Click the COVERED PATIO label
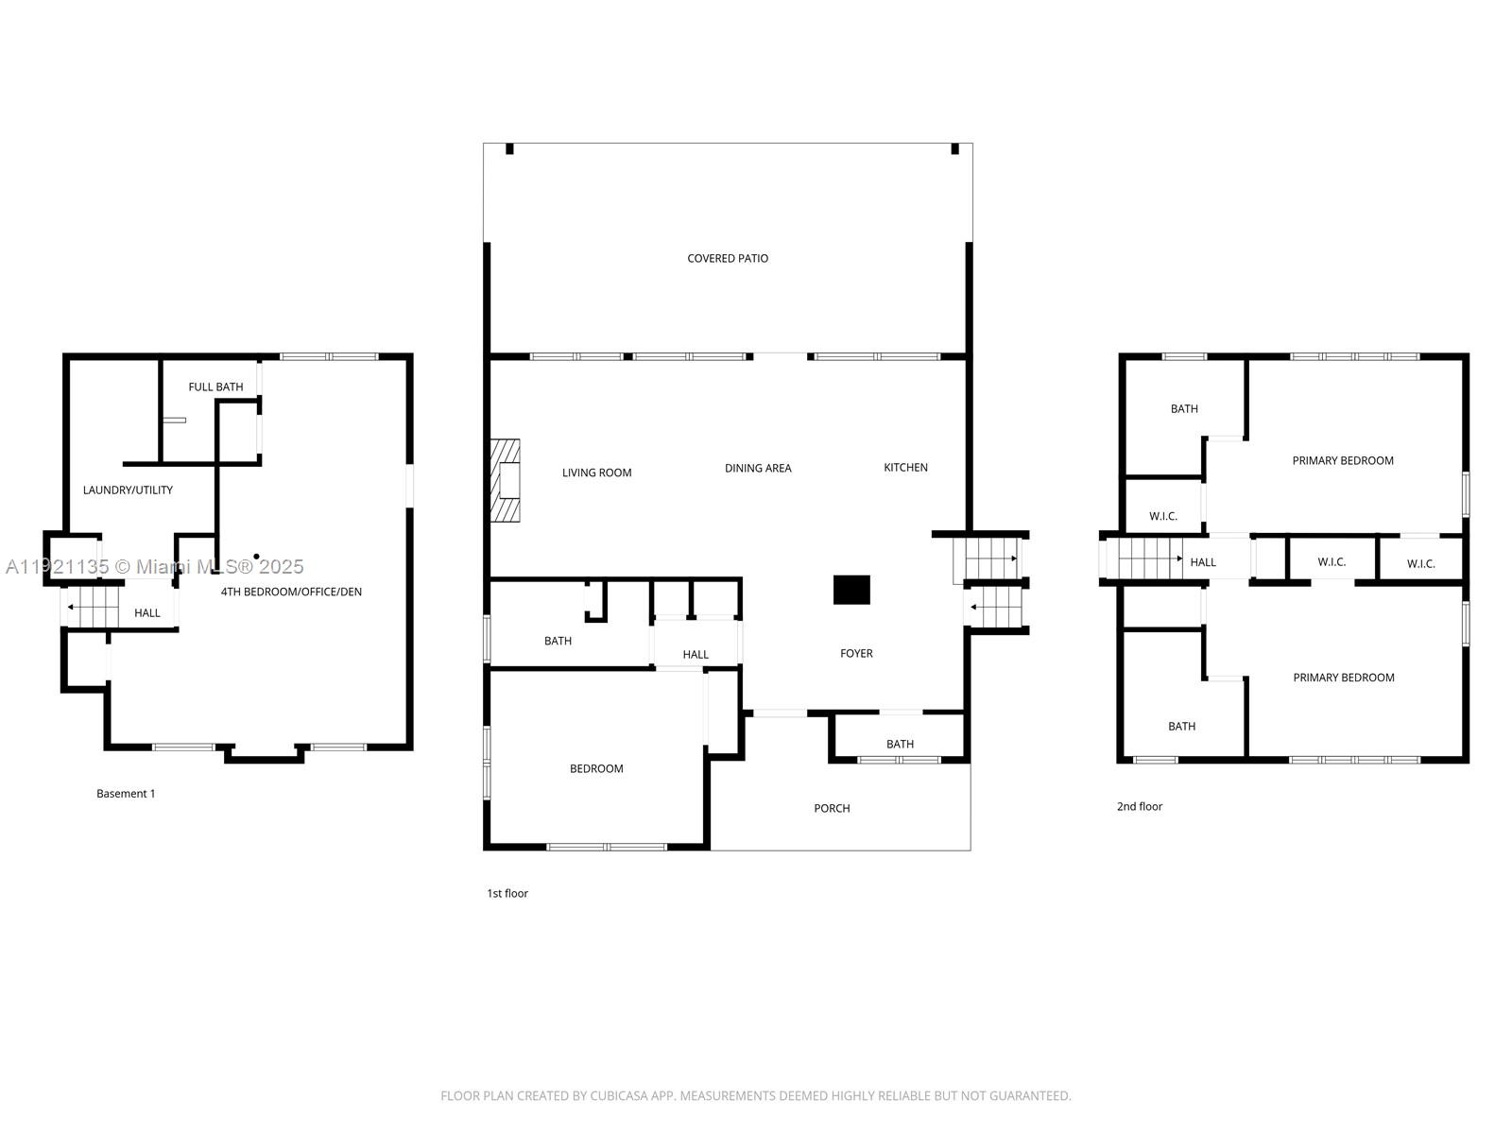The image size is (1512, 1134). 728,258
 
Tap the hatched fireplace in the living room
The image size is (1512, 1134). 506,480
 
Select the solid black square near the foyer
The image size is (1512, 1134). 851,590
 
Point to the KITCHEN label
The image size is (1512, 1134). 905,467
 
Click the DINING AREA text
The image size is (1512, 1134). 758,468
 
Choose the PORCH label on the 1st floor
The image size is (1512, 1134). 832,808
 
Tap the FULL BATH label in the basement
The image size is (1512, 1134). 215,387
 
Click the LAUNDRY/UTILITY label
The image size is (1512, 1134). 128,490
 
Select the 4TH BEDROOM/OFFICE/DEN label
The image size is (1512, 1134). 291,592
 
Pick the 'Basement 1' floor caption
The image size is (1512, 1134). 126,794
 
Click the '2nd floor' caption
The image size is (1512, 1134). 1140,806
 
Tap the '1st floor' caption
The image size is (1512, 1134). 507,893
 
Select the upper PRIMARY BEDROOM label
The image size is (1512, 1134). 1343,460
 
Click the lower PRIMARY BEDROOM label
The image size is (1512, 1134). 1343,678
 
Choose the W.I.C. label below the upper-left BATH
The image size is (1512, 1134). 1163,516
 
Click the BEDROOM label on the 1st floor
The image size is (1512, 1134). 596,768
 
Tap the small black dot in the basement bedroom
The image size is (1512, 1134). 256,557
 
